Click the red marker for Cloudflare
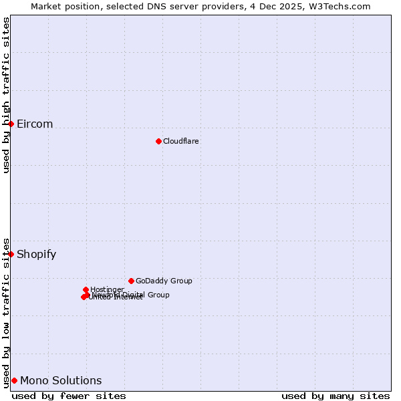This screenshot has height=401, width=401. click(158, 141)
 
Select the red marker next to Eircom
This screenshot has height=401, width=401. click(11, 124)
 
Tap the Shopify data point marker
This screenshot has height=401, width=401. click(11, 254)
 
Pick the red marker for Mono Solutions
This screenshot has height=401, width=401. click(14, 380)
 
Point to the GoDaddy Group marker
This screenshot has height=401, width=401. click(131, 281)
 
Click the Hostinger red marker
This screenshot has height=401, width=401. click(86, 289)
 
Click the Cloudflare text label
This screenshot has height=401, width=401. click(181, 141)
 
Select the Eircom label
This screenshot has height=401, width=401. click(35, 124)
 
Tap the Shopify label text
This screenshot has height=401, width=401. click(36, 254)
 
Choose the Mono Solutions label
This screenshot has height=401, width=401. click(61, 381)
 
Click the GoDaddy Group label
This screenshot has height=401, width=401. click(164, 281)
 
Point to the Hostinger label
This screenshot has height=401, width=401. click(107, 289)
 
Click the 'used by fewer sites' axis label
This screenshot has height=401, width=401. click(69, 396)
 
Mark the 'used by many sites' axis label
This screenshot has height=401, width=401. click(336, 396)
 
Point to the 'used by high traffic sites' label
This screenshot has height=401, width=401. click(7, 95)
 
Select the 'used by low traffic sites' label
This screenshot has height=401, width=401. click(7, 312)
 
